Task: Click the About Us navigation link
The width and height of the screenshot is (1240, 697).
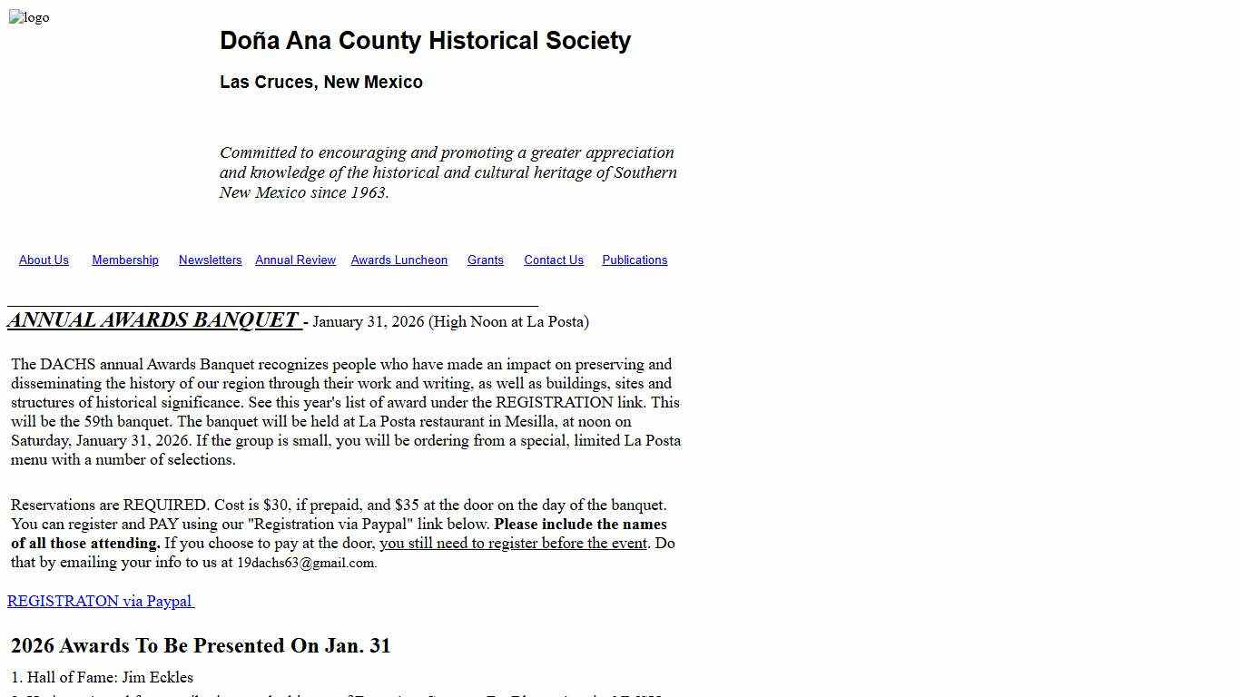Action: (44, 260)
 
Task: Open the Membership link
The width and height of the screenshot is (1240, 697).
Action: (125, 260)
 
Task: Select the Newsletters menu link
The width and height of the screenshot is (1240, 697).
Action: (210, 260)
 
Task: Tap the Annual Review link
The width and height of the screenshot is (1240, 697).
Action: (295, 260)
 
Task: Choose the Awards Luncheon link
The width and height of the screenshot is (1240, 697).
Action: (399, 260)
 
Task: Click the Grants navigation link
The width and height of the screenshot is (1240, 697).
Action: (485, 260)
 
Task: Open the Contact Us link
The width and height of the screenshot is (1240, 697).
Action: (553, 260)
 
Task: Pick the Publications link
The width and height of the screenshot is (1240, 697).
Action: (634, 260)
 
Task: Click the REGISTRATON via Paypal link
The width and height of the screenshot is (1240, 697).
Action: (100, 602)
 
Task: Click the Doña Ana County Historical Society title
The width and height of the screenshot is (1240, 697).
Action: (425, 41)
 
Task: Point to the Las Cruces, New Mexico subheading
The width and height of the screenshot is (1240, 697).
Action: (320, 83)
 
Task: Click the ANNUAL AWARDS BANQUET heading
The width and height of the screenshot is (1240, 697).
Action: (153, 320)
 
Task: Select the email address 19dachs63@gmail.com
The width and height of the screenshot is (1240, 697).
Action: (305, 563)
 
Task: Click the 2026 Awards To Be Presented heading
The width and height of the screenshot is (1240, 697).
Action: (201, 646)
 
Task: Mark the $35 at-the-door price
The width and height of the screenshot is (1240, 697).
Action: (407, 506)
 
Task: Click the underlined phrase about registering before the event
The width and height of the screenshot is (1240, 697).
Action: (513, 544)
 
